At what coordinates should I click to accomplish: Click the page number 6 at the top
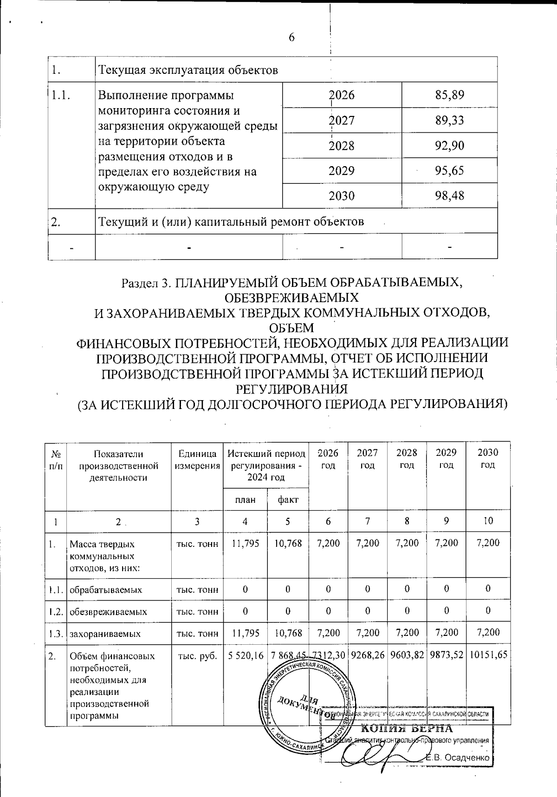tap(291, 38)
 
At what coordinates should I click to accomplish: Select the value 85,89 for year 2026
tap(450, 96)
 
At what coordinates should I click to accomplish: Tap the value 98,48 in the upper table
tap(450, 196)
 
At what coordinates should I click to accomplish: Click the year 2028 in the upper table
tap(342, 146)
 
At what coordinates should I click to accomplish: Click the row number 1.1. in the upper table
tap(61, 96)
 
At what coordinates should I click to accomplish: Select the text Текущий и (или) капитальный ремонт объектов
tap(231, 221)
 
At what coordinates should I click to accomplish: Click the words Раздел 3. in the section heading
tap(143, 283)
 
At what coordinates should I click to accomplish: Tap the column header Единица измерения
tap(197, 460)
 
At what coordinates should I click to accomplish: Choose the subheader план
tap(245, 500)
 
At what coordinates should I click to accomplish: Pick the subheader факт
tap(287, 500)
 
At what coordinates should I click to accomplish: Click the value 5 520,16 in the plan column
tap(246, 655)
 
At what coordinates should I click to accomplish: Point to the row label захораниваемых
tap(105, 633)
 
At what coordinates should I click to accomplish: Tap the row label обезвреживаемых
tap(108, 612)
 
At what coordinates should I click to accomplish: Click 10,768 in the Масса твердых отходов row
tap(288, 543)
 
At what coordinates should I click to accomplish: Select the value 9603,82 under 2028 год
tap(407, 655)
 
